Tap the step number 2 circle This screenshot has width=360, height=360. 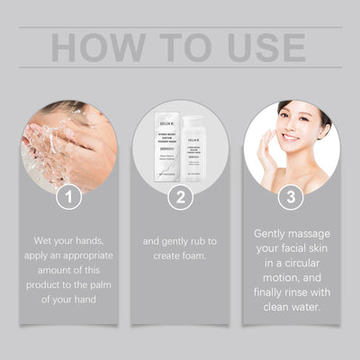point(180,196)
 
